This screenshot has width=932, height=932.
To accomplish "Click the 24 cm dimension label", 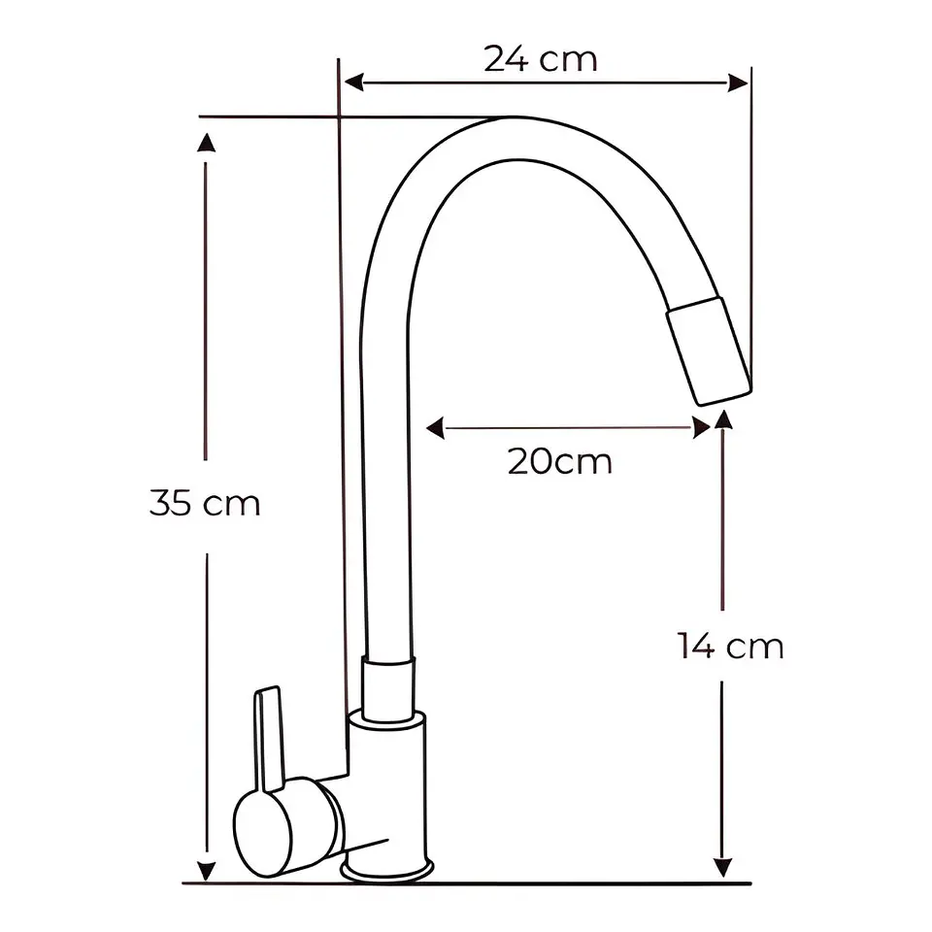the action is click(x=541, y=59).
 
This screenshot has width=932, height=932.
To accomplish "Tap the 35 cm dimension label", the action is click(x=205, y=503).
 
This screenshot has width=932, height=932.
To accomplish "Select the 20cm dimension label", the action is click(x=560, y=461).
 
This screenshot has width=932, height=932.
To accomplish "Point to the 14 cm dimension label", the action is click(x=730, y=646).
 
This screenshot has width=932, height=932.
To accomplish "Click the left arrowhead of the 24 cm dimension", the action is click(x=353, y=82).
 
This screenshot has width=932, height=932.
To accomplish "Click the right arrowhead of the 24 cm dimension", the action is click(x=738, y=83).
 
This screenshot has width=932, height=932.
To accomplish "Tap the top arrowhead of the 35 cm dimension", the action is click(x=206, y=144).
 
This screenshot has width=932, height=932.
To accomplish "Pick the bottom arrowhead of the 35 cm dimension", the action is click(x=206, y=870).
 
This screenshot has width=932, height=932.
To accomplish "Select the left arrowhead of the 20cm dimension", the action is click(x=435, y=427).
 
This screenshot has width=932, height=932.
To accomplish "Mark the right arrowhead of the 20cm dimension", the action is click(x=701, y=427).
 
